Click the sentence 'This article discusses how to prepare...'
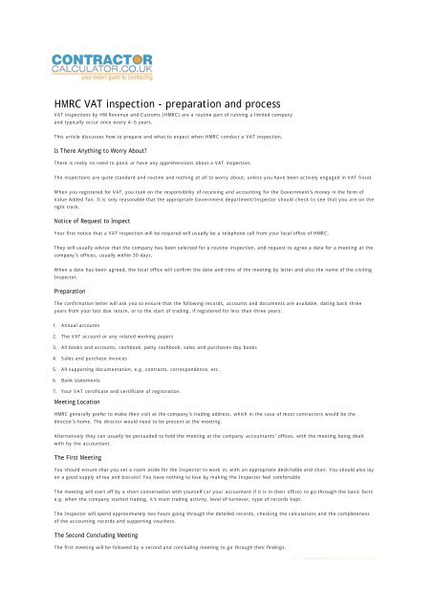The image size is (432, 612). pos(153,137)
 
